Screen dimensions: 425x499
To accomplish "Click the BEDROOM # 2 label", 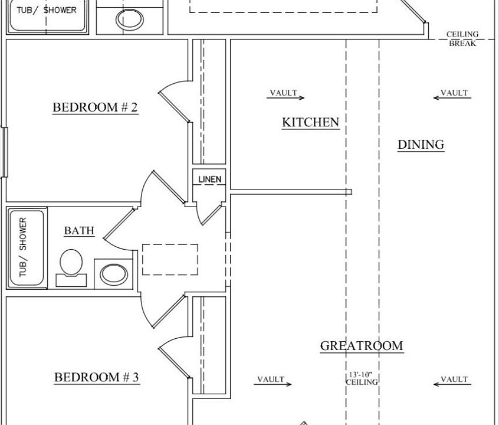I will [x=95, y=107].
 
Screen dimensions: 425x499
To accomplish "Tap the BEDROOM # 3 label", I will [x=97, y=377].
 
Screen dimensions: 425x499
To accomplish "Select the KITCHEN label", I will [x=310, y=123].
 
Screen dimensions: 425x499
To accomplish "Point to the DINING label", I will [x=421, y=145].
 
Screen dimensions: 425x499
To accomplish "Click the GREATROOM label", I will [x=362, y=346].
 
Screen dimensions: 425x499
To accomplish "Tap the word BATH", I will [x=79, y=231].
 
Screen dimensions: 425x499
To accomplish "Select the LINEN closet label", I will [x=209, y=179].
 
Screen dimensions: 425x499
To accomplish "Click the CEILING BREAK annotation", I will [x=462, y=39].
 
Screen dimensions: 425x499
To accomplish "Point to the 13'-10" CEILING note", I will [x=362, y=378].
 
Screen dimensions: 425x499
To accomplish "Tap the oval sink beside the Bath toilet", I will [x=113, y=274].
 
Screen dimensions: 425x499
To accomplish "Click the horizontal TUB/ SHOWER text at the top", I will [x=47, y=10].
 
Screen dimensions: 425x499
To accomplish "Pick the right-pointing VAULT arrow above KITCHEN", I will [x=287, y=95].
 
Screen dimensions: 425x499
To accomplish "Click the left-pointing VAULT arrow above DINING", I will [x=452, y=95].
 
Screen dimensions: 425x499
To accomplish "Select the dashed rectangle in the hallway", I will [x=170, y=260].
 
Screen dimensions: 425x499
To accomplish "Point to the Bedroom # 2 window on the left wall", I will [x=5, y=152].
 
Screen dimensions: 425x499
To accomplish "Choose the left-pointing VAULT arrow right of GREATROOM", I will [x=452, y=381].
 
